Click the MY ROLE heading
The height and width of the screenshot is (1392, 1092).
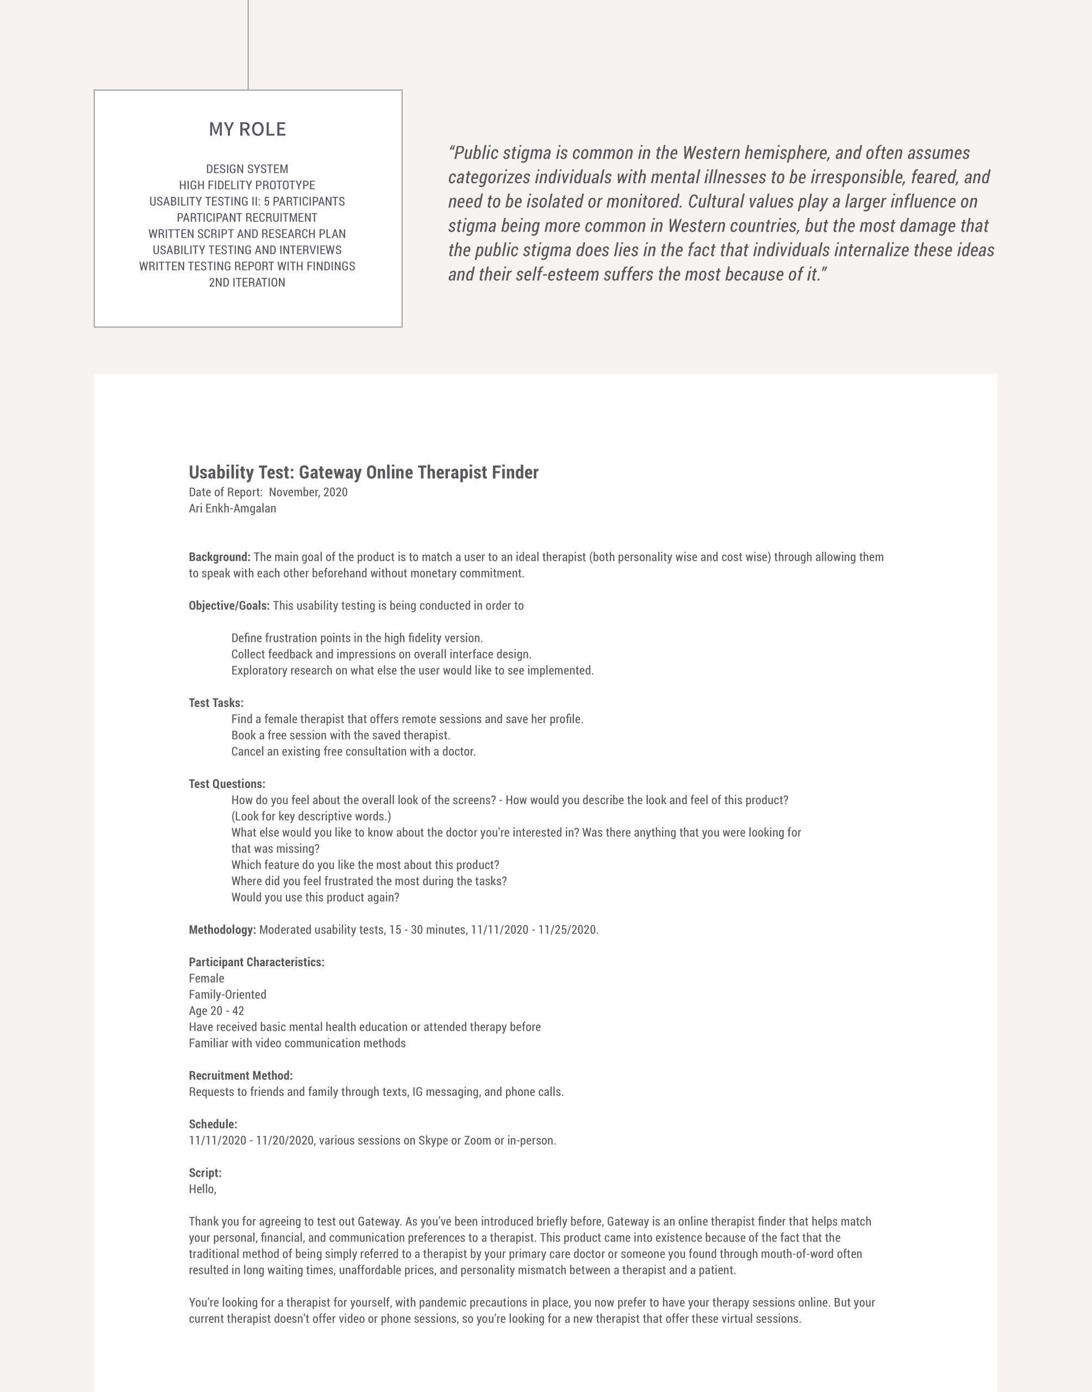point(247,129)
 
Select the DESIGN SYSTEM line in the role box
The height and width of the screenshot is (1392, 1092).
point(247,169)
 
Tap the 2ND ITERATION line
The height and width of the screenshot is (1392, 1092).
point(247,283)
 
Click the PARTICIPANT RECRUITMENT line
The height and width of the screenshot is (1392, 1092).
point(247,217)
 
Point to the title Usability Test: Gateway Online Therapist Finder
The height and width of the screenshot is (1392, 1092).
point(363,473)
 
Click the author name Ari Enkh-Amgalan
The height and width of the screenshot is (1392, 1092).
point(232,508)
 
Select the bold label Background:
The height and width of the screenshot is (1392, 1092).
point(219,557)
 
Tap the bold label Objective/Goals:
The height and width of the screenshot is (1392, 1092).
point(229,606)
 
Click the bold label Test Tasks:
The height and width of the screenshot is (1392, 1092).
point(216,703)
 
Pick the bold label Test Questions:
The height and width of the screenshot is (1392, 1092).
point(227,784)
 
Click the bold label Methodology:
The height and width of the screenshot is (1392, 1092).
point(222,930)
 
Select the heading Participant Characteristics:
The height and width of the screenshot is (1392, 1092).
point(257,962)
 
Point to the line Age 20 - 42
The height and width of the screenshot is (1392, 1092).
point(216,1011)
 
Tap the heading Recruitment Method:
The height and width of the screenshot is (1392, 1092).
point(240,1076)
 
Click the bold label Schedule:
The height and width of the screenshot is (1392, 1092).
point(213,1124)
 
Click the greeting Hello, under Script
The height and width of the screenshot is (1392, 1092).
point(202,1189)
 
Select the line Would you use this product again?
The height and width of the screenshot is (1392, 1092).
point(315,897)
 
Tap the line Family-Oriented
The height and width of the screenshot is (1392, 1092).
point(227,995)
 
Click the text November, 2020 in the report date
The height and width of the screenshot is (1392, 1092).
point(308,492)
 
